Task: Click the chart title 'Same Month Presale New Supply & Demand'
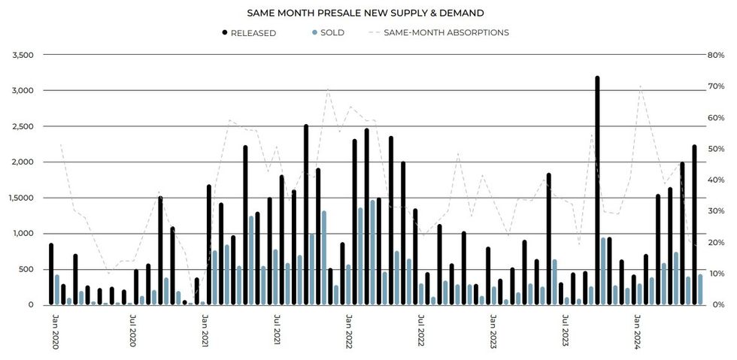[365, 13]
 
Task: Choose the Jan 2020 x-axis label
[54, 331]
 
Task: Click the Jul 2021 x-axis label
[278, 331]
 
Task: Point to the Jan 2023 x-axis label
[493, 331]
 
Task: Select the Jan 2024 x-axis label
[638, 331]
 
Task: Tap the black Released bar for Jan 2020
[51, 274]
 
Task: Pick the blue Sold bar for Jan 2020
[57, 290]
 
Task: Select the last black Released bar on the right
[694, 225]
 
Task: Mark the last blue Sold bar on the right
[700, 289]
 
